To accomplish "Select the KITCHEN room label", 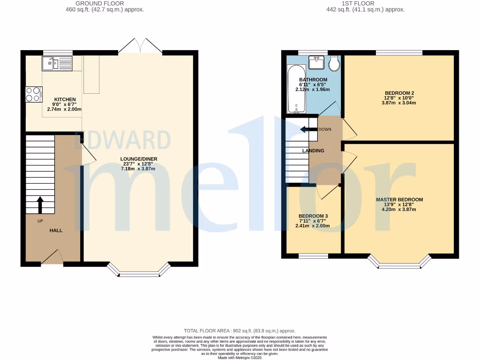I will click(65, 99).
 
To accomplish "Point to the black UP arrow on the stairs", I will click(40, 204).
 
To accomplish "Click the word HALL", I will click(56, 231).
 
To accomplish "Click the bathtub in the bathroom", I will click(295, 89).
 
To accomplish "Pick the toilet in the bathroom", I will click(334, 63).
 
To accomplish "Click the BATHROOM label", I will click(313, 80).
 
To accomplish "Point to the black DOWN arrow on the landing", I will click(308, 129).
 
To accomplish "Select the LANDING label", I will click(313, 151).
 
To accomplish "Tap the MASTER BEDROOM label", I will click(399, 200).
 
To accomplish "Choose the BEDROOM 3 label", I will click(313, 216).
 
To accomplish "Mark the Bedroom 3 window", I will click(313, 256).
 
